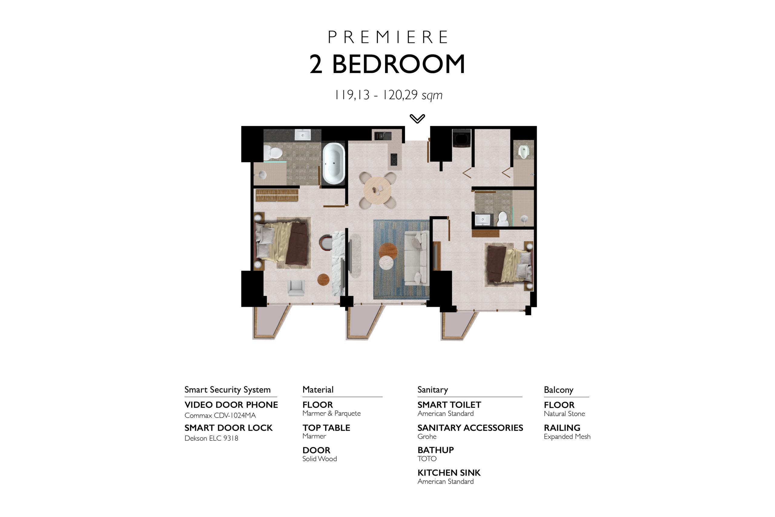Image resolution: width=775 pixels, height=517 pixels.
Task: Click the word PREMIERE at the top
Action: coord(387,37)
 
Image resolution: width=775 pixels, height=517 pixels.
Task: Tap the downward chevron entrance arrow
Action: coord(417,119)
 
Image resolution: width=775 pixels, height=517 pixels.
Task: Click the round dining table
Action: coord(377,190)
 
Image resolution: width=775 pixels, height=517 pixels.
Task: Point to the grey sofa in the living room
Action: coord(417,258)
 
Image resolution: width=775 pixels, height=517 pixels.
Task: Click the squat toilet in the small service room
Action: coord(523,152)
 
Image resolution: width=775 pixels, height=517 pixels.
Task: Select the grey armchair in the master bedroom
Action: coord(296,287)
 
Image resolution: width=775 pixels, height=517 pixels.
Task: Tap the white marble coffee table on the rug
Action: coord(386,263)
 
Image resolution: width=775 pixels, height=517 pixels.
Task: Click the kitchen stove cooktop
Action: coord(394,160)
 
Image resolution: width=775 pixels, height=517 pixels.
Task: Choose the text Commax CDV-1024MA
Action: coord(220,416)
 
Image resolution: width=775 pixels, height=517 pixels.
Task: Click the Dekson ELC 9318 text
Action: coord(211,438)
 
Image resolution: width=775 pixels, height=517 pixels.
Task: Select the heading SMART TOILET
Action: coord(449,405)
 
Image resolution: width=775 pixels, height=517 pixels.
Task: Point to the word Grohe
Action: coord(427,436)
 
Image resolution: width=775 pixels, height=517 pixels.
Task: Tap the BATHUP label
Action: coord(436,450)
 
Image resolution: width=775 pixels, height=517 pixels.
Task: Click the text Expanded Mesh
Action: coord(567,436)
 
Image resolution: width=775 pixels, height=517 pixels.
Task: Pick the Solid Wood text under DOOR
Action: coord(320,459)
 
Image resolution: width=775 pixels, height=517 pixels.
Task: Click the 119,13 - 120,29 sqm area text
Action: coord(388,95)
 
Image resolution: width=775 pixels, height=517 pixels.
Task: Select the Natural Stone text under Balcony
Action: coord(564,414)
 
